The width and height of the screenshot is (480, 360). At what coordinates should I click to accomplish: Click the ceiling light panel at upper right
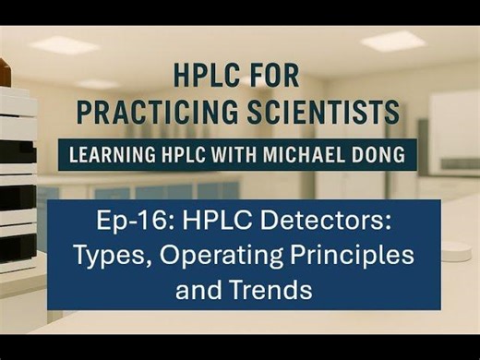click(392, 41)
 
